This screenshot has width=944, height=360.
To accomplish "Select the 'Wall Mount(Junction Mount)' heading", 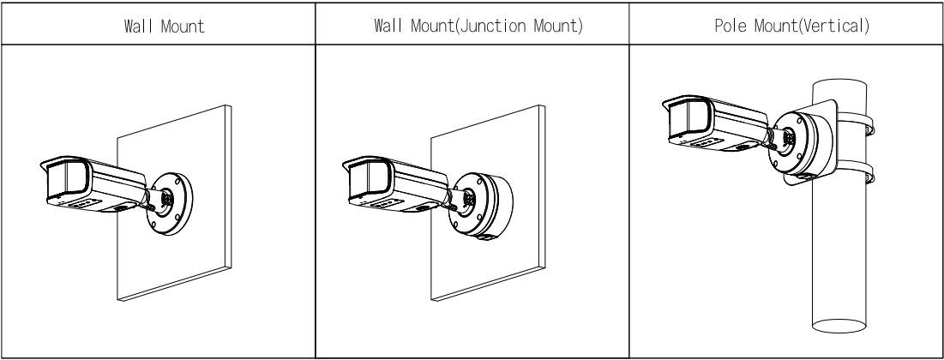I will click(x=472, y=27).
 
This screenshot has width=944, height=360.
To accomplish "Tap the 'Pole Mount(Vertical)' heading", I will click(x=786, y=27).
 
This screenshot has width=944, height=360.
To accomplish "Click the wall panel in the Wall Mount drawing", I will click(x=197, y=257).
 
